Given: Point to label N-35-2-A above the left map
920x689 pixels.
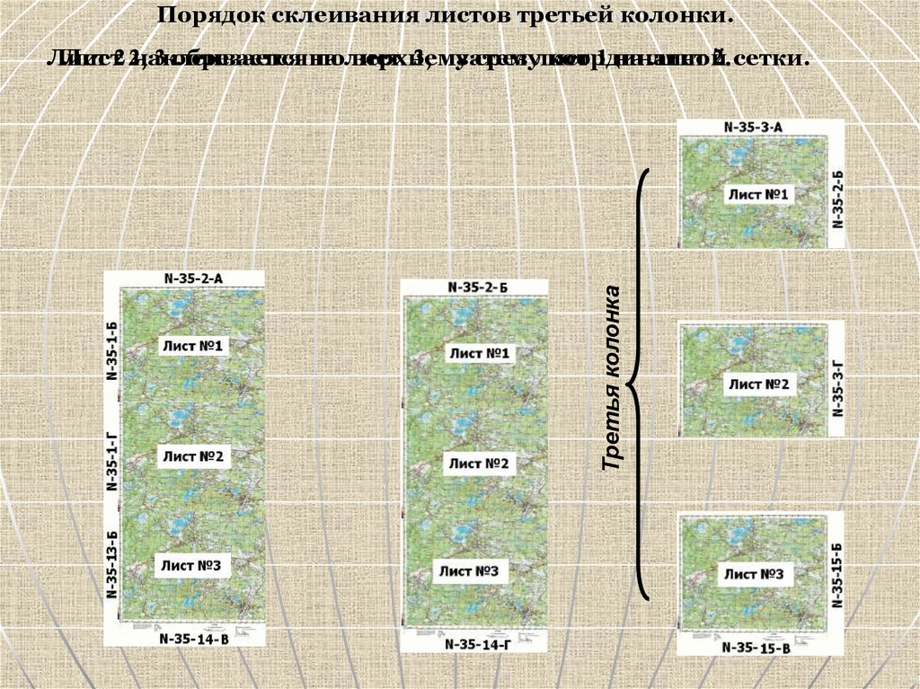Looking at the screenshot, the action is pos(193,278).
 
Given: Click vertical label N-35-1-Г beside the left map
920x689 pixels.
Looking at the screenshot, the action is pos(113,461).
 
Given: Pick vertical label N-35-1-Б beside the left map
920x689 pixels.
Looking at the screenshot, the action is pos(113,350).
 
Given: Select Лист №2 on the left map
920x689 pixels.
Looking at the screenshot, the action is pos(192,456).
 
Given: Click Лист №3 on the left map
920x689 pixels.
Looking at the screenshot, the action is pos(191,565).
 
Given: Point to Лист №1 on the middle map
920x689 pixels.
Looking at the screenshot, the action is pos(479,354).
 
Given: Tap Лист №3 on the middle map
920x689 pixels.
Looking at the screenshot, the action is pos(468,571).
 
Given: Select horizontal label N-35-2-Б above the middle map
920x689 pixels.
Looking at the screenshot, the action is pos(477,287).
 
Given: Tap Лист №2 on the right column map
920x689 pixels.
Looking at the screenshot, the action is pos(758,385).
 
